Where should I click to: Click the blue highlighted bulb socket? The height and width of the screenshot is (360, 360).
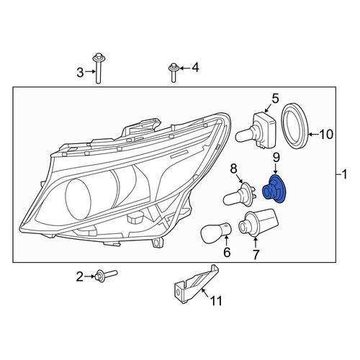coord(274,189)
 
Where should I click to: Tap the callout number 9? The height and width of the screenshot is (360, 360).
coord(276,158)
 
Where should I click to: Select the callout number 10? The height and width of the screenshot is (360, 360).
coord(326,134)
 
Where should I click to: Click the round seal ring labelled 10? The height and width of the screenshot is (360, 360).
coord(295,127)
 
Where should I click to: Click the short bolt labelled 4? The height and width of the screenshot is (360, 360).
coord(174,73)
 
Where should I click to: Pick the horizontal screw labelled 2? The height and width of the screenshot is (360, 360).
coord(106,276)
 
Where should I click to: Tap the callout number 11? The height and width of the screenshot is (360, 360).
coord(216,301)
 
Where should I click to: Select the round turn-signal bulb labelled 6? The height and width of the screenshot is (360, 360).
coord(215,233)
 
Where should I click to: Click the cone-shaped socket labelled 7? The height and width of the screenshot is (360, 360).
coord(258,222)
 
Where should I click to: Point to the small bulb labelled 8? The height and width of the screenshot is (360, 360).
coord(238,194)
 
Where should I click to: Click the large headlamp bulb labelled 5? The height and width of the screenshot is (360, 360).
coord(256,130)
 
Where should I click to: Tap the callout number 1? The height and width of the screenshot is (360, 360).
coord(344,174)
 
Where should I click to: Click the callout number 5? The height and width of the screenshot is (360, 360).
coord(275,99)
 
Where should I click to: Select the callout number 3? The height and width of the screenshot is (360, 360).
coord(80,73)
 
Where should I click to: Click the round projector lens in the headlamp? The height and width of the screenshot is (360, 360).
coord(78,199)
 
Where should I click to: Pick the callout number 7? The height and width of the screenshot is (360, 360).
coord(256,255)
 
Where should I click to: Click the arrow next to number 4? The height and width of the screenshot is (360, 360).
coord(184,68)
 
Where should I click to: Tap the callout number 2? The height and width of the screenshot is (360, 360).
coord(80,276)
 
